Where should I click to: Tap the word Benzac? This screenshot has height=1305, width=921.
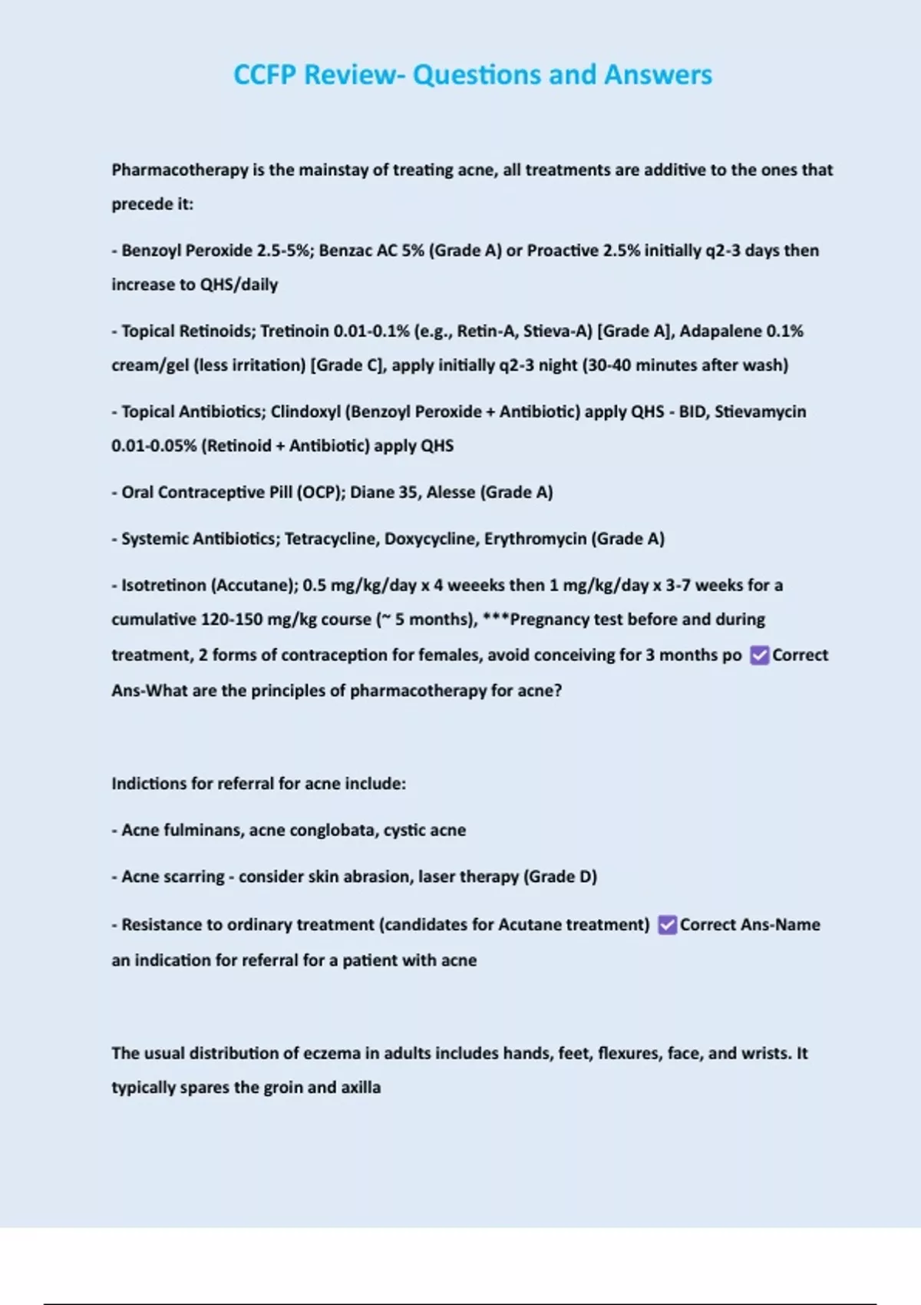click(346, 250)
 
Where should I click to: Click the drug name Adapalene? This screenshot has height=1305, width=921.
click(720, 331)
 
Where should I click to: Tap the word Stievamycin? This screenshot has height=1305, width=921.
click(760, 411)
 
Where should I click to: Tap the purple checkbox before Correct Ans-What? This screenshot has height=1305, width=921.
click(759, 655)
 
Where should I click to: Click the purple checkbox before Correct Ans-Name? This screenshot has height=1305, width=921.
click(667, 924)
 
